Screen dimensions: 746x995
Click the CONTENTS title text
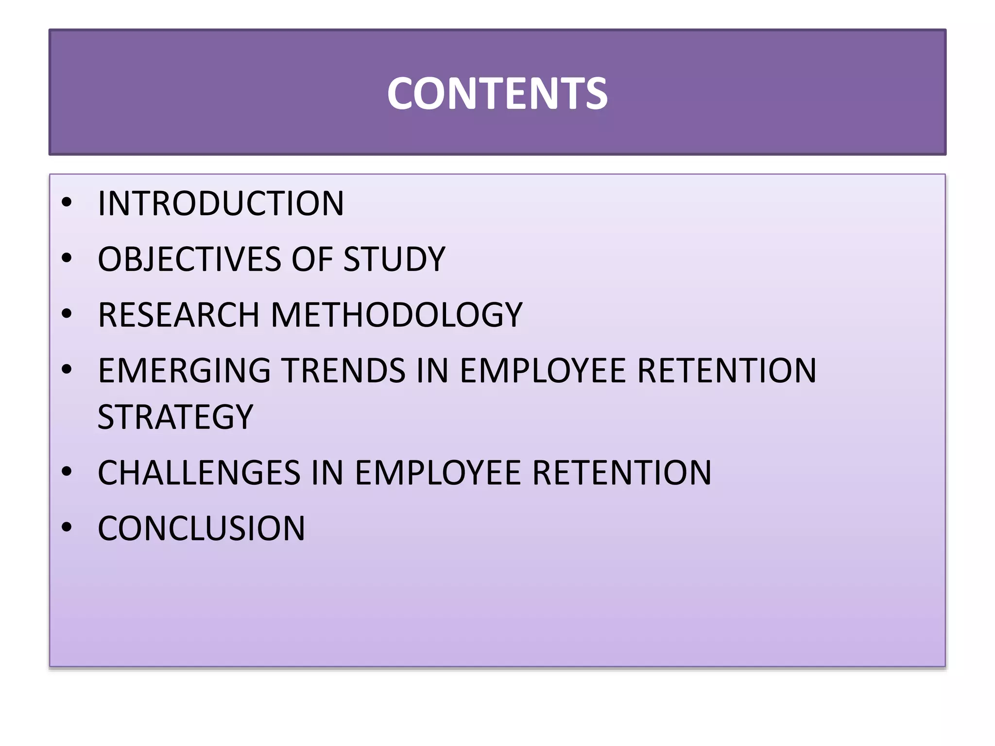pyautogui.click(x=497, y=94)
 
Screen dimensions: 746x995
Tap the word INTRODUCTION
pyautogui.click(x=221, y=203)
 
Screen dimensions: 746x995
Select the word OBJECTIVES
pyautogui.click(x=189, y=259)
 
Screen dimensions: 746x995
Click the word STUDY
pyautogui.click(x=394, y=259)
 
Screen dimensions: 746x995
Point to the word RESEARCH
pyautogui.click(x=178, y=315)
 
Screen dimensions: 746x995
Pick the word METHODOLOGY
pyautogui.click(x=396, y=315)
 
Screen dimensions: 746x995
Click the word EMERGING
pyautogui.click(x=184, y=371)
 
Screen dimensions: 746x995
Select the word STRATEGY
pyautogui.click(x=175, y=417)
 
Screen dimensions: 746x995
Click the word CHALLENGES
pyautogui.click(x=199, y=473)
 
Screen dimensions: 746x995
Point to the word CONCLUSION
pyautogui.click(x=201, y=528)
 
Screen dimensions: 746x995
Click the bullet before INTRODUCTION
pyautogui.click(x=67, y=203)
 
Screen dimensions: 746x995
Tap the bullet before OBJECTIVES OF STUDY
pyautogui.click(x=67, y=258)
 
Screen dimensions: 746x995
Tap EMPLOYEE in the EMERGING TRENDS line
pyautogui.click(x=543, y=371)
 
